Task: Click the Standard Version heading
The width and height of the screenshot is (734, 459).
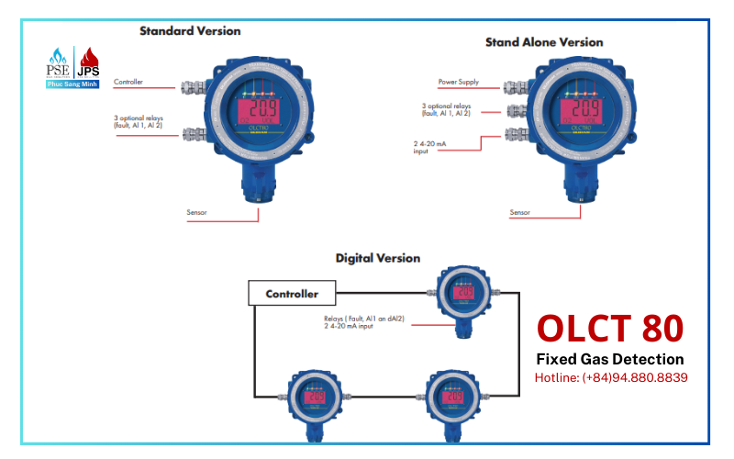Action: tap(190, 30)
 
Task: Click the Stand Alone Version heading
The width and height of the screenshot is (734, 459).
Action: tap(544, 41)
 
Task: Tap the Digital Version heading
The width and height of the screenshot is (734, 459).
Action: tap(377, 258)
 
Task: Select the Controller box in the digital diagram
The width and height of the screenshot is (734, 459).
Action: tap(292, 294)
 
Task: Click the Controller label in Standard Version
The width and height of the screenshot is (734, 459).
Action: tap(128, 82)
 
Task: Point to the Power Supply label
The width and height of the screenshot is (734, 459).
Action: tap(459, 82)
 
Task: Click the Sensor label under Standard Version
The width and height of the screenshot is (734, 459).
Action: tap(196, 212)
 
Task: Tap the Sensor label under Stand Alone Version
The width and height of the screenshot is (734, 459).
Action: tap(520, 212)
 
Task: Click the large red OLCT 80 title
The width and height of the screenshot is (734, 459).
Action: tap(610, 329)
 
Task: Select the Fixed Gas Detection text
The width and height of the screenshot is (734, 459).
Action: tap(610, 359)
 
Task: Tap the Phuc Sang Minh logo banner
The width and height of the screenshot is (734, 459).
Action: tap(72, 84)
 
